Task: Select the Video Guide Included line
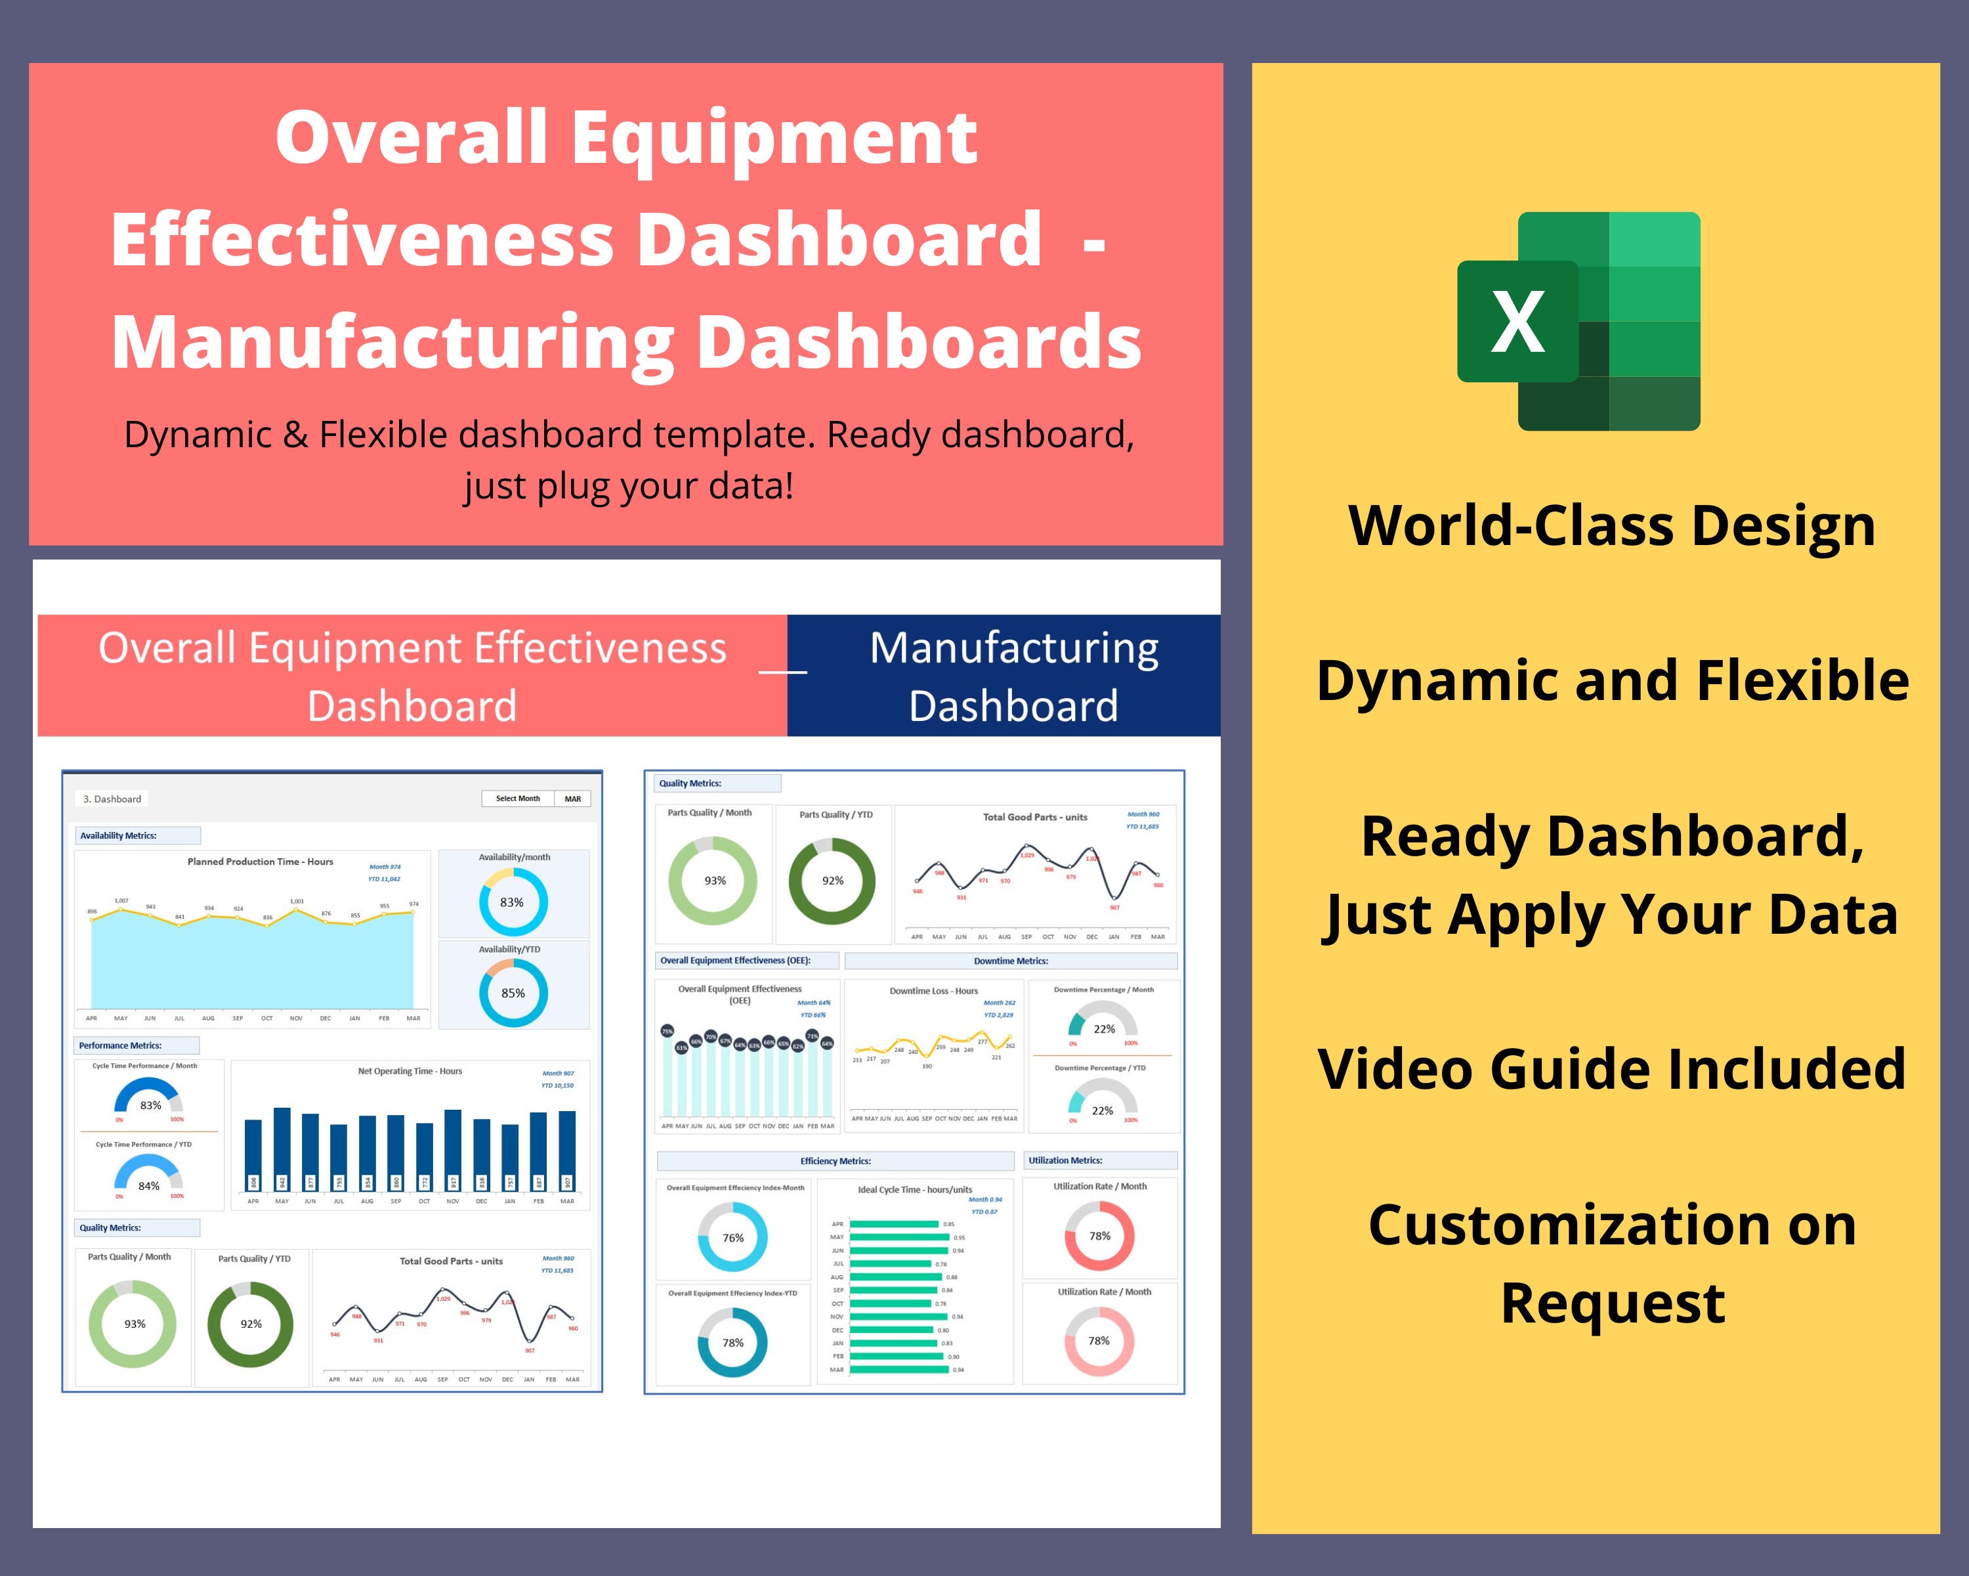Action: pyautogui.click(x=1611, y=1069)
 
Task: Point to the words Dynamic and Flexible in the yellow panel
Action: pyautogui.click(x=1612, y=681)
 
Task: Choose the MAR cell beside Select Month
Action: pyautogui.click(x=572, y=799)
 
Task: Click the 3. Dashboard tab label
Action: pyautogui.click(x=112, y=799)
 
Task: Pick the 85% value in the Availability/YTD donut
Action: pyautogui.click(x=513, y=993)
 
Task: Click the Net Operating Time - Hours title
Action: pyautogui.click(x=410, y=1071)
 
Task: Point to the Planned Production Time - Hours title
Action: pyautogui.click(x=261, y=862)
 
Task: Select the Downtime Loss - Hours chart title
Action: pyautogui.click(x=933, y=990)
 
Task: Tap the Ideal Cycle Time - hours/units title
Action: pyautogui.click(x=914, y=1189)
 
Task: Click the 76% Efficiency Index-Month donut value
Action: pyautogui.click(x=733, y=1238)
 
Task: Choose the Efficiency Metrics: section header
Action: pyautogui.click(x=836, y=1161)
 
